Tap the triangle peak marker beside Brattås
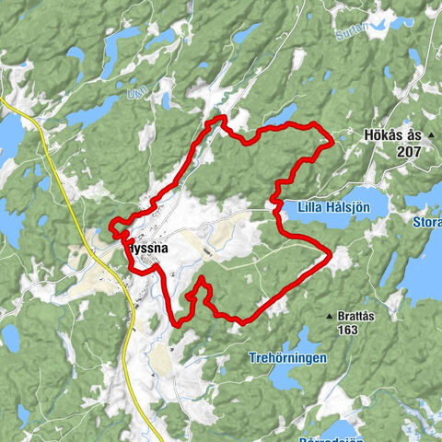(328, 317)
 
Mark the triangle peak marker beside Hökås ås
(430, 135)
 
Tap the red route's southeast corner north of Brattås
(329, 254)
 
